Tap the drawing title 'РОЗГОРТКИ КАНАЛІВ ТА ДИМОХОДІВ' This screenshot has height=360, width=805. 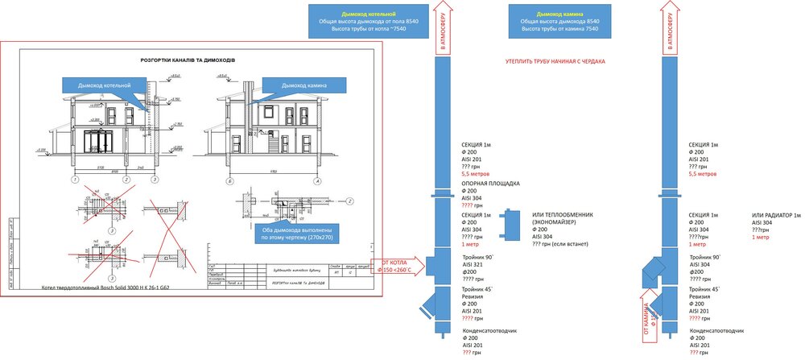point(188,61)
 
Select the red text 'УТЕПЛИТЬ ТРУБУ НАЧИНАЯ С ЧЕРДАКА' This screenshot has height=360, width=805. point(555,62)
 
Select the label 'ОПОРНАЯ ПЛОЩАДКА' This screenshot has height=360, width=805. point(489,184)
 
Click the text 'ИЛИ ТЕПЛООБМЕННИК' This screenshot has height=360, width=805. point(562,216)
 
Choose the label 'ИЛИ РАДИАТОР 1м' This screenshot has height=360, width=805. point(776,216)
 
